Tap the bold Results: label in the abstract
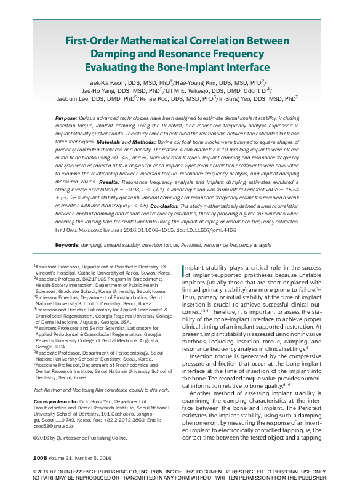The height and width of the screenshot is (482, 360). tap(109, 182)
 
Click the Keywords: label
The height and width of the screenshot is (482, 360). tap(68, 244)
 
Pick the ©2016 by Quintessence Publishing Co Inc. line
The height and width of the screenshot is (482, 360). tap(79, 437)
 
